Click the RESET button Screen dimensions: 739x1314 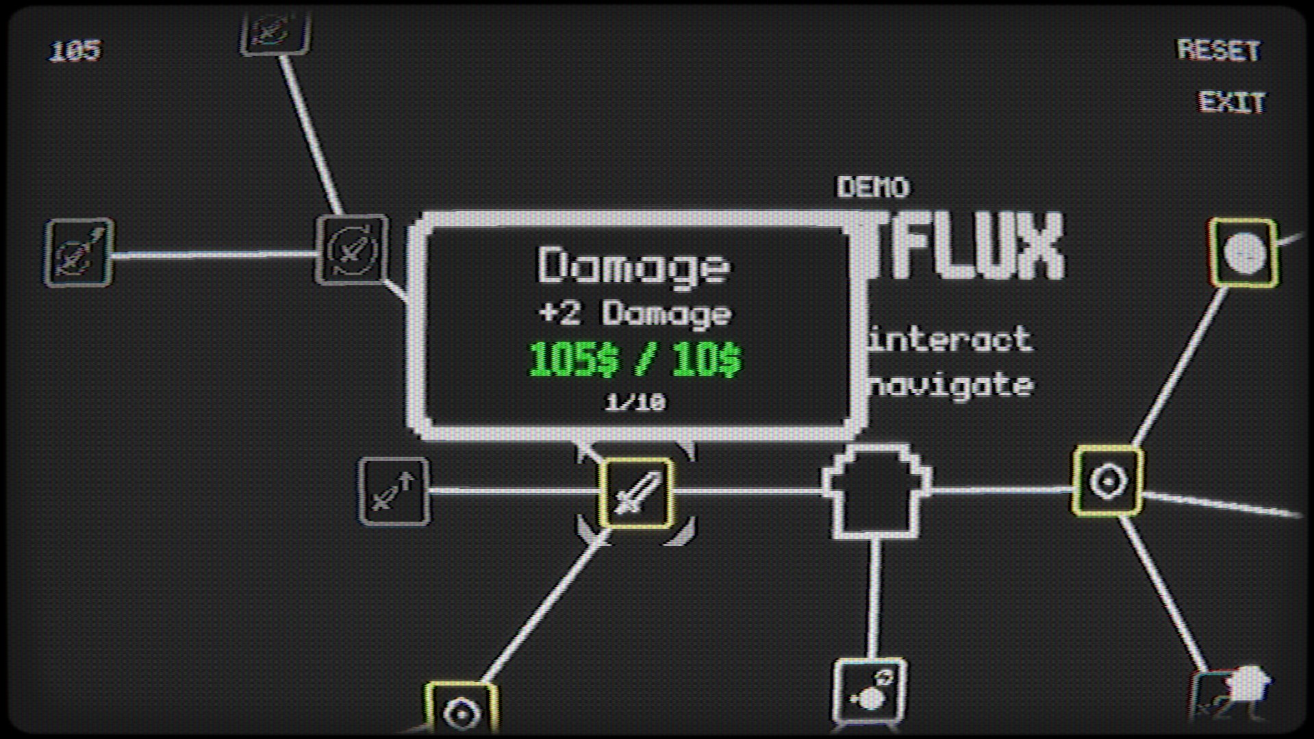[1218, 50]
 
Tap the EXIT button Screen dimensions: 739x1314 [1231, 102]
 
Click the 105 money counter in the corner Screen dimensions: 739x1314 [75, 51]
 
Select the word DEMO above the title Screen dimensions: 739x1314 [873, 187]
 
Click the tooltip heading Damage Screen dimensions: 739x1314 [633, 266]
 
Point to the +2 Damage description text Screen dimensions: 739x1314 [635, 314]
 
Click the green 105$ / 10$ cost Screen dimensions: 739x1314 [635, 359]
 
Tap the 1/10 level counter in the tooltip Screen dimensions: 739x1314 [635, 402]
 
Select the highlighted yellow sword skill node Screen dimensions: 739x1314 [636, 492]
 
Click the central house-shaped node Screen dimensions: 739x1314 [876, 492]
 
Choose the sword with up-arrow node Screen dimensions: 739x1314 [394, 491]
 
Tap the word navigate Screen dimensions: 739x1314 [952, 385]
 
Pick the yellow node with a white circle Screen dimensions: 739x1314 [1243, 253]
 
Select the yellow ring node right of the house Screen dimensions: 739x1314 [1107, 481]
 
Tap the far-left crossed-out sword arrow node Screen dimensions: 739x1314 [79, 253]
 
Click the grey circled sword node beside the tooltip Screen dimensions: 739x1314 [351, 249]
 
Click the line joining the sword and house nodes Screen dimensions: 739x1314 [746, 491]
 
